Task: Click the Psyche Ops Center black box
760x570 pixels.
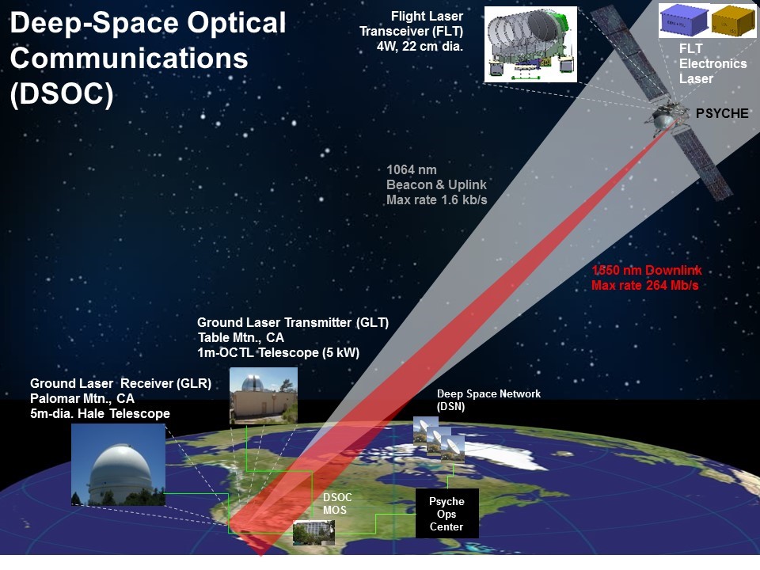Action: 446,514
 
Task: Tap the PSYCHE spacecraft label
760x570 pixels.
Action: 721,114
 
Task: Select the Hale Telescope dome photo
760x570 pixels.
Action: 118,465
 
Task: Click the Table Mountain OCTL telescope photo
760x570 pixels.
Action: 264,396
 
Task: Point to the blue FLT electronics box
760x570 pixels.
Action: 683,21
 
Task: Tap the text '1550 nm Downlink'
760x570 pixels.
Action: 646,271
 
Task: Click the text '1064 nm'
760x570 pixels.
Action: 411,169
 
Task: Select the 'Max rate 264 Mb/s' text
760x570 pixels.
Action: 644,285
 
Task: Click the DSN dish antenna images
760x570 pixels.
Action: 439,438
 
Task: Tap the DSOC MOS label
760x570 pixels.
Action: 338,503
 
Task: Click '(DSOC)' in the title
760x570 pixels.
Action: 62,93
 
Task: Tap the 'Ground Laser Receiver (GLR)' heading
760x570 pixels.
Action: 120,384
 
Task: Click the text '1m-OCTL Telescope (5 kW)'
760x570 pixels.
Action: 278,352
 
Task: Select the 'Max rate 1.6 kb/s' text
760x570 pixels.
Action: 436,199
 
